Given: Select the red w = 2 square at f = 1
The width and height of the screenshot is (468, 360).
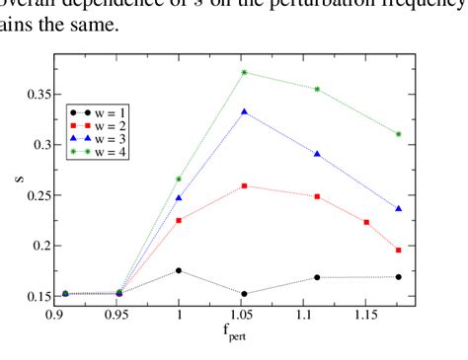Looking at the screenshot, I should [179, 220].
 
